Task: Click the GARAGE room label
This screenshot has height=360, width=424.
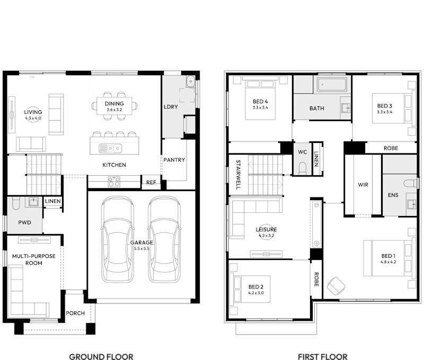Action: pyautogui.click(x=142, y=242)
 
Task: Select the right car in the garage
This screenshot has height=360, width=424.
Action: pyautogui.click(x=164, y=239)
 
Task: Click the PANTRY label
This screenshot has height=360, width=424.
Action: pyautogui.click(x=174, y=160)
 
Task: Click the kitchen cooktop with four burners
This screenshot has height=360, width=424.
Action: pyautogui.click(x=114, y=182)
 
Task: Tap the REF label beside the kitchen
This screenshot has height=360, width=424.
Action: pyautogui.click(x=151, y=183)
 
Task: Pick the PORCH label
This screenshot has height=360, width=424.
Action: pyautogui.click(x=75, y=313)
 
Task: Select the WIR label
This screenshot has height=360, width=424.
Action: pyautogui.click(x=363, y=185)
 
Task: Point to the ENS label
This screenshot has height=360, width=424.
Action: pyautogui.click(x=393, y=195)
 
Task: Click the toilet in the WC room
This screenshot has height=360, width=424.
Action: pyautogui.click(x=303, y=167)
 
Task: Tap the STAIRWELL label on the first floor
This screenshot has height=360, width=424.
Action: pyautogui.click(x=238, y=175)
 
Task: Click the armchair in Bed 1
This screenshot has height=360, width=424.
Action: pyautogui.click(x=335, y=286)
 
